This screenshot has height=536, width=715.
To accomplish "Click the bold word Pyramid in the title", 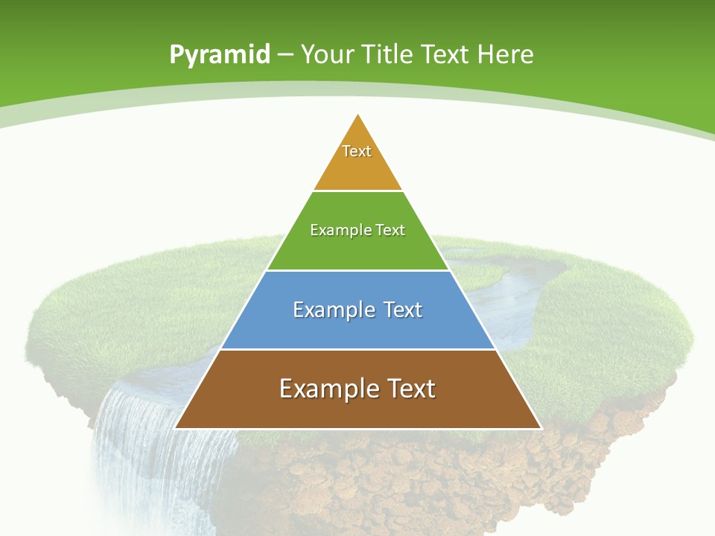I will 220,55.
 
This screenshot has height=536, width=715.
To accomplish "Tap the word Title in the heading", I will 386,54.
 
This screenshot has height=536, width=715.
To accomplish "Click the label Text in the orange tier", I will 357,151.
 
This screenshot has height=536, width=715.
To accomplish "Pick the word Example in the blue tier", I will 330,310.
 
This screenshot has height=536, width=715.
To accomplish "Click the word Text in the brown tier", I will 407,389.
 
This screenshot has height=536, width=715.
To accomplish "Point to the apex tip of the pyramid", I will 358,115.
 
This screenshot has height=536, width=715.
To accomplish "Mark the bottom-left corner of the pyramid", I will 176,427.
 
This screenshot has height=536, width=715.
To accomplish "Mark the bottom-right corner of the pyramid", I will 540,427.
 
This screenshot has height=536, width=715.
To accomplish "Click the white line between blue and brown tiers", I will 357,349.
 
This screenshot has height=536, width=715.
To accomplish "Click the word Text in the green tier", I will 390,230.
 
